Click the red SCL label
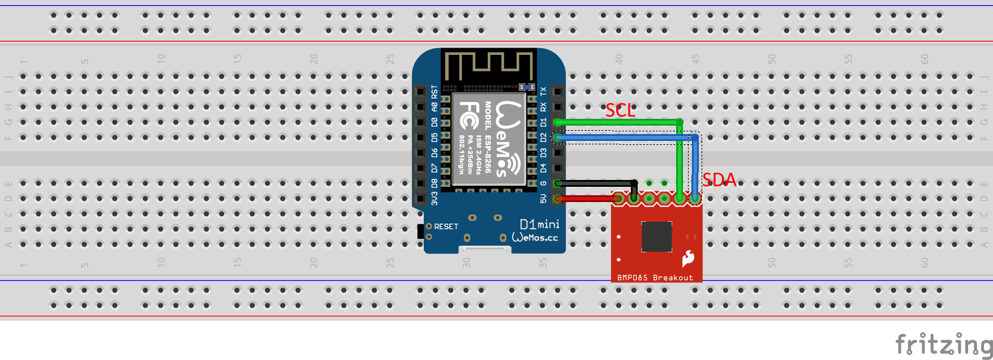[620, 110]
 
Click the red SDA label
[719, 180]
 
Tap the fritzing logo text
[943, 344]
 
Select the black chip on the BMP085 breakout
[656, 236]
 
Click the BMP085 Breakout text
[655, 277]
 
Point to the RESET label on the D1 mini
[446, 226]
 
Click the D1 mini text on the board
[539, 224]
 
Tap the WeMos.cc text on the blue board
[535, 238]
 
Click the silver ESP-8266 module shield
[489, 139]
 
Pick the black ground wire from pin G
[594, 183]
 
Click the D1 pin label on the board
[543, 122]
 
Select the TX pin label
[543, 91]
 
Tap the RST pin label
[434, 91]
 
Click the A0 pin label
[434, 106]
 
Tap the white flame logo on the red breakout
[688, 258]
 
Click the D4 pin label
[543, 168]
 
